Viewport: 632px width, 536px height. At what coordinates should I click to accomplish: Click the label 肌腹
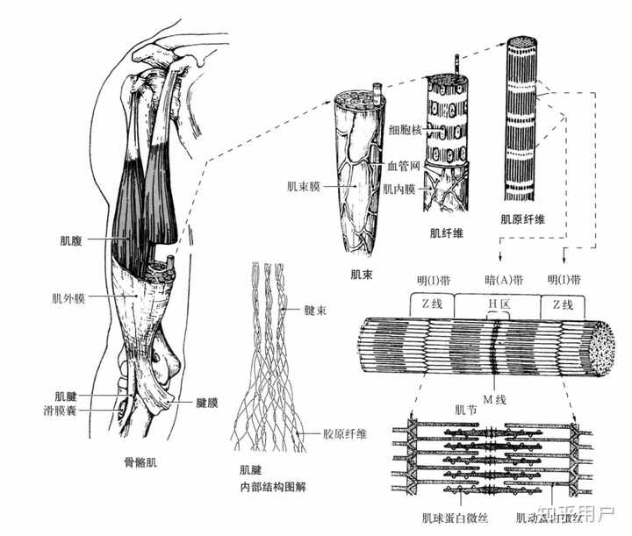pos(69,238)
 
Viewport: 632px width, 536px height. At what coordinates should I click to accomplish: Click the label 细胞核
pos(403,129)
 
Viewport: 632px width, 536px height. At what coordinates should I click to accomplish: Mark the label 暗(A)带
pos(503,280)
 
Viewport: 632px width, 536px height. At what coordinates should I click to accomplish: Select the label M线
pos(500,401)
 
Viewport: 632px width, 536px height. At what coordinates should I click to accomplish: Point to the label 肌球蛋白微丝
pos(444,518)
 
